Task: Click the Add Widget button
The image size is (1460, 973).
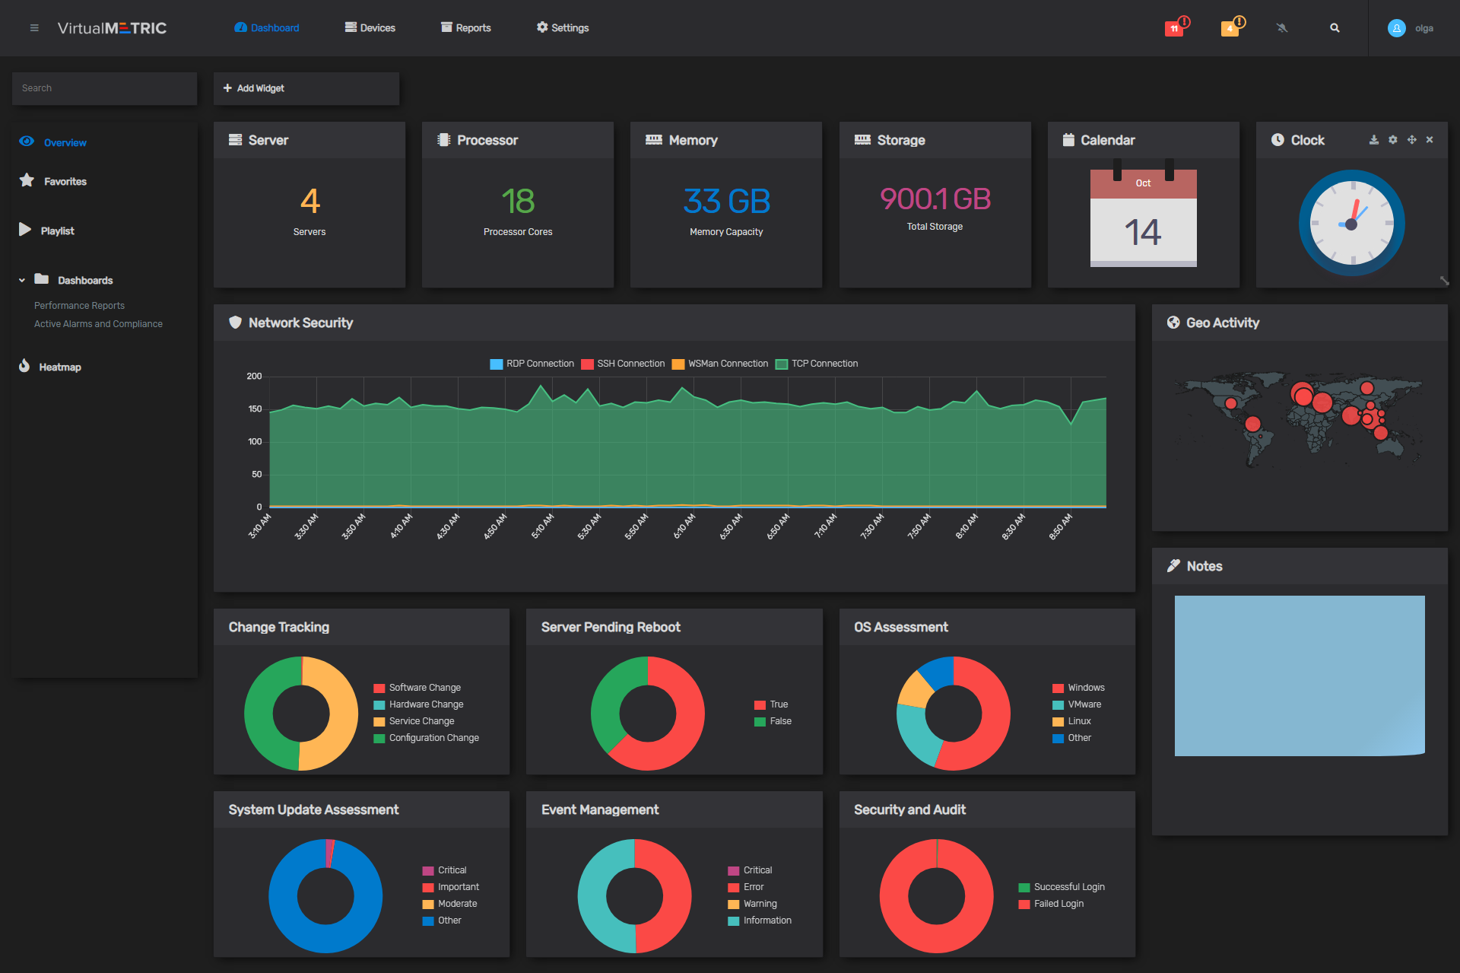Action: [x=254, y=88]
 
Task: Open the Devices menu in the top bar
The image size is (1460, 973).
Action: [x=370, y=28]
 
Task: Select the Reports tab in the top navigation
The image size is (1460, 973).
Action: [x=466, y=28]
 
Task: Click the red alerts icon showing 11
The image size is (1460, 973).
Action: [x=1174, y=29]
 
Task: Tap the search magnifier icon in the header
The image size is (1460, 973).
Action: [x=1335, y=28]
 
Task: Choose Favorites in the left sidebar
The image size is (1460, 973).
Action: [x=65, y=182]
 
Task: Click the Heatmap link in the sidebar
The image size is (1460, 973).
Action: [x=59, y=367]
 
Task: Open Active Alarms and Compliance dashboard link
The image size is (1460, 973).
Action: [x=98, y=324]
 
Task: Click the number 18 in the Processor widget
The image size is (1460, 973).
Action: [x=518, y=202]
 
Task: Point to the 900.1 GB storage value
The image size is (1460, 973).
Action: [x=935, y=199]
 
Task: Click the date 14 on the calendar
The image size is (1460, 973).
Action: [x=1143, y=233]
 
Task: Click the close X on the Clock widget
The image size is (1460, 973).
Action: [x=1430, y=140]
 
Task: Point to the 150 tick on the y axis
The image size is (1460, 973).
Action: [x=255, y=409]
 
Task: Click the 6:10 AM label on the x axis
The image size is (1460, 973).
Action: [x=684, y=526]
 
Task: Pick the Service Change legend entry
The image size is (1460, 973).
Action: [x=421, y=721]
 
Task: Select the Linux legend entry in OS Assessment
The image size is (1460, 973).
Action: [x=1078, y=721]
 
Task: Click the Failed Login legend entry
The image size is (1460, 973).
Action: [x=1058, y=904]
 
